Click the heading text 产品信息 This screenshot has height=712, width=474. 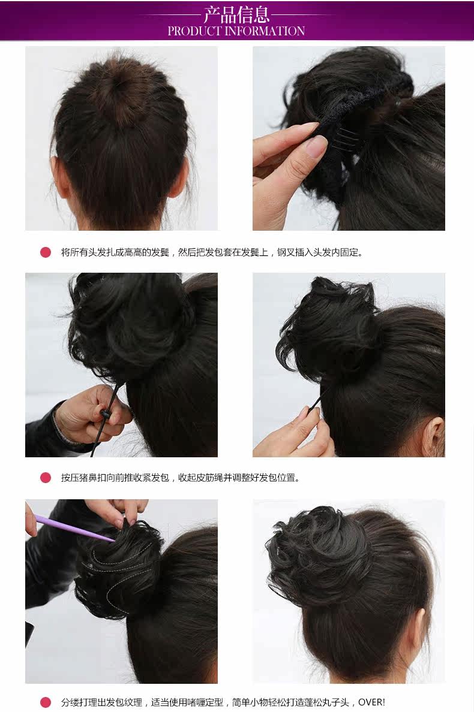pos(236,14)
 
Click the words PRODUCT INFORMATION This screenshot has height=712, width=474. pos(236,31)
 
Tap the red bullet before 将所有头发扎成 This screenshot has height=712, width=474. pos(46,252)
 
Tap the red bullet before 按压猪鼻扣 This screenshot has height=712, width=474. pos(46,478)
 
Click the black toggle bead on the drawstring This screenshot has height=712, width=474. pos(106,414)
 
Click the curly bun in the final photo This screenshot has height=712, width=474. pos(318,551)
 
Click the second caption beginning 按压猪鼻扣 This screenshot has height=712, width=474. pos(180,478)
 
